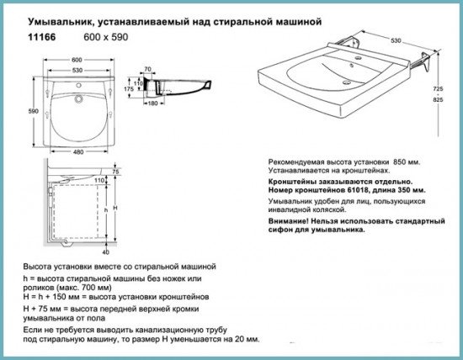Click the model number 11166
tap(41, 37)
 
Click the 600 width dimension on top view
tap(77, 60)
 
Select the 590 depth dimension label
tap(34, 111)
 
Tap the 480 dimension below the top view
tap(78, 152)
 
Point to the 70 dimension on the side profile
tap(147, 69)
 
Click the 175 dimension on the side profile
tap(129, 89)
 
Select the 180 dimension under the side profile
tap(152, 103)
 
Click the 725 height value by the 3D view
tap(438, 88)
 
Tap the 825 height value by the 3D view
tap(438, 100)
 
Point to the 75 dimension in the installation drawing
tap(116, 172)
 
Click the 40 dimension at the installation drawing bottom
tap(106, 252)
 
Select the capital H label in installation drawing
tap(115, 208)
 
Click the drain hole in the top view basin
tap(78, 98)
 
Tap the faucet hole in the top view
tap(78, 86)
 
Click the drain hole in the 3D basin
tap(347, 82)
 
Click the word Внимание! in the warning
tap(288, 221)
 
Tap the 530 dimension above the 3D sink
tap(396, 40)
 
